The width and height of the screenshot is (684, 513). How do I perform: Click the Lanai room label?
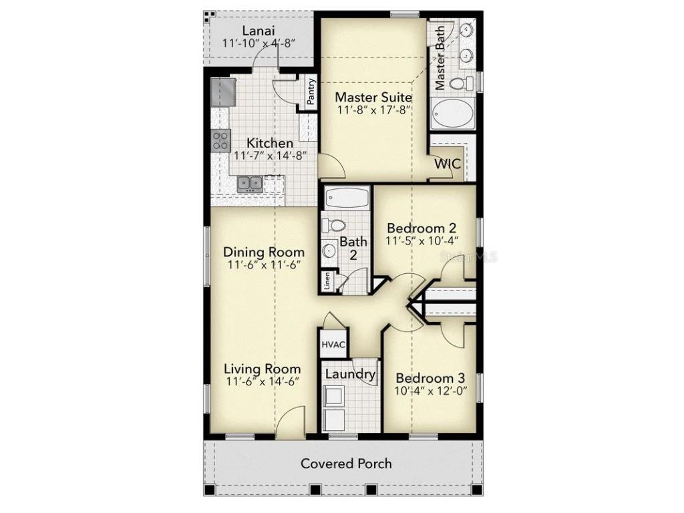coord(258,30)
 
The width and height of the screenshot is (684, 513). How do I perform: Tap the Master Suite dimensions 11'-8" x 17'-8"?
coord(373,111)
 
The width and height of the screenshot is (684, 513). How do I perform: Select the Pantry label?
coord(311,92)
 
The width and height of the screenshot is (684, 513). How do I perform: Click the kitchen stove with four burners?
coord(220,140)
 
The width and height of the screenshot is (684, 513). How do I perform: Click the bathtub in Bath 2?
coord(346,198)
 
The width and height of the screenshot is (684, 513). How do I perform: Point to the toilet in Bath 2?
coord(335,225)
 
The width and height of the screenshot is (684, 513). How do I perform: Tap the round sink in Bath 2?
coord(329,251)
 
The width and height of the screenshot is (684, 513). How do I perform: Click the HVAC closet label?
coord(333,345)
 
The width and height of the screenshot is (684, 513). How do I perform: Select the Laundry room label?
coord(350,374)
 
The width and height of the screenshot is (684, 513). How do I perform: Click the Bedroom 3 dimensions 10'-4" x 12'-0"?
coord(431,391)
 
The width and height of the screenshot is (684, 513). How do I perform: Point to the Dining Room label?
coord(264,252)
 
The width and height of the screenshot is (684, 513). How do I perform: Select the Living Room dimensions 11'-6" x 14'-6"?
coord(261,381)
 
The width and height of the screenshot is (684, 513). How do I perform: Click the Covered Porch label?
coord(346,463)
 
